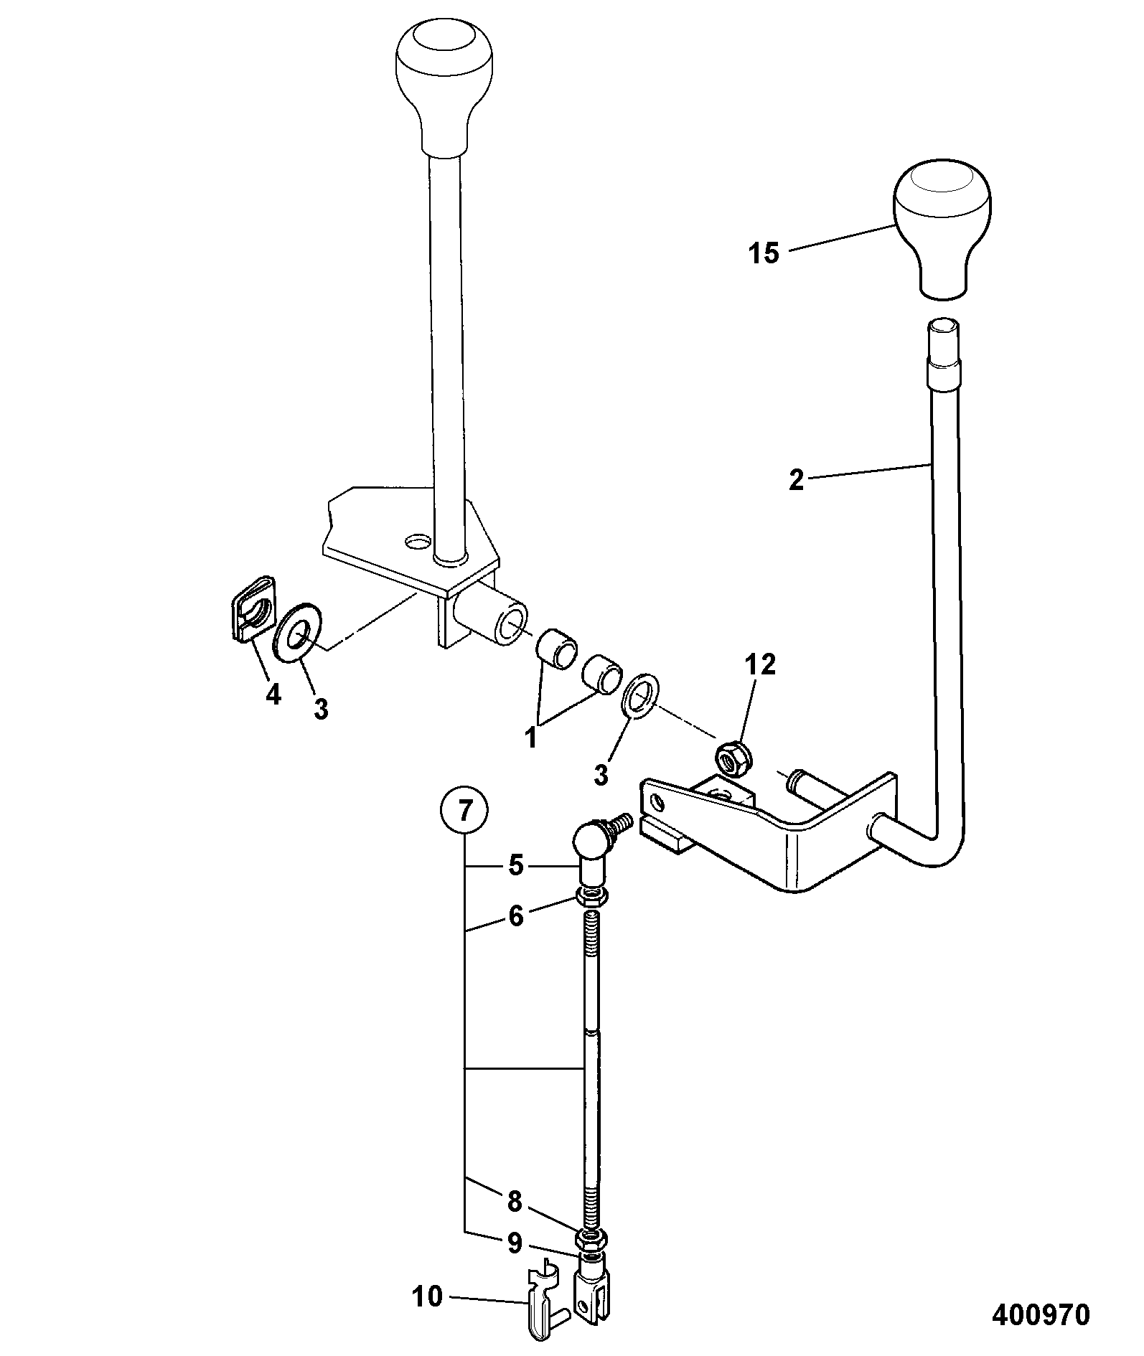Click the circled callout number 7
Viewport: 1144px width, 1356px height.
click(464, 811)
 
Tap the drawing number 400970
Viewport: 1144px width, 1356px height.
click(1041, 1314)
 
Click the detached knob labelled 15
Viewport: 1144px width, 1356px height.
click(942, 230)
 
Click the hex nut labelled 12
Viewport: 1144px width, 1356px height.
click(732, 760)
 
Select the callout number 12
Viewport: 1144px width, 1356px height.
click(760, 665)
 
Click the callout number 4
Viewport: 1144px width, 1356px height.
click(273, 695)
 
